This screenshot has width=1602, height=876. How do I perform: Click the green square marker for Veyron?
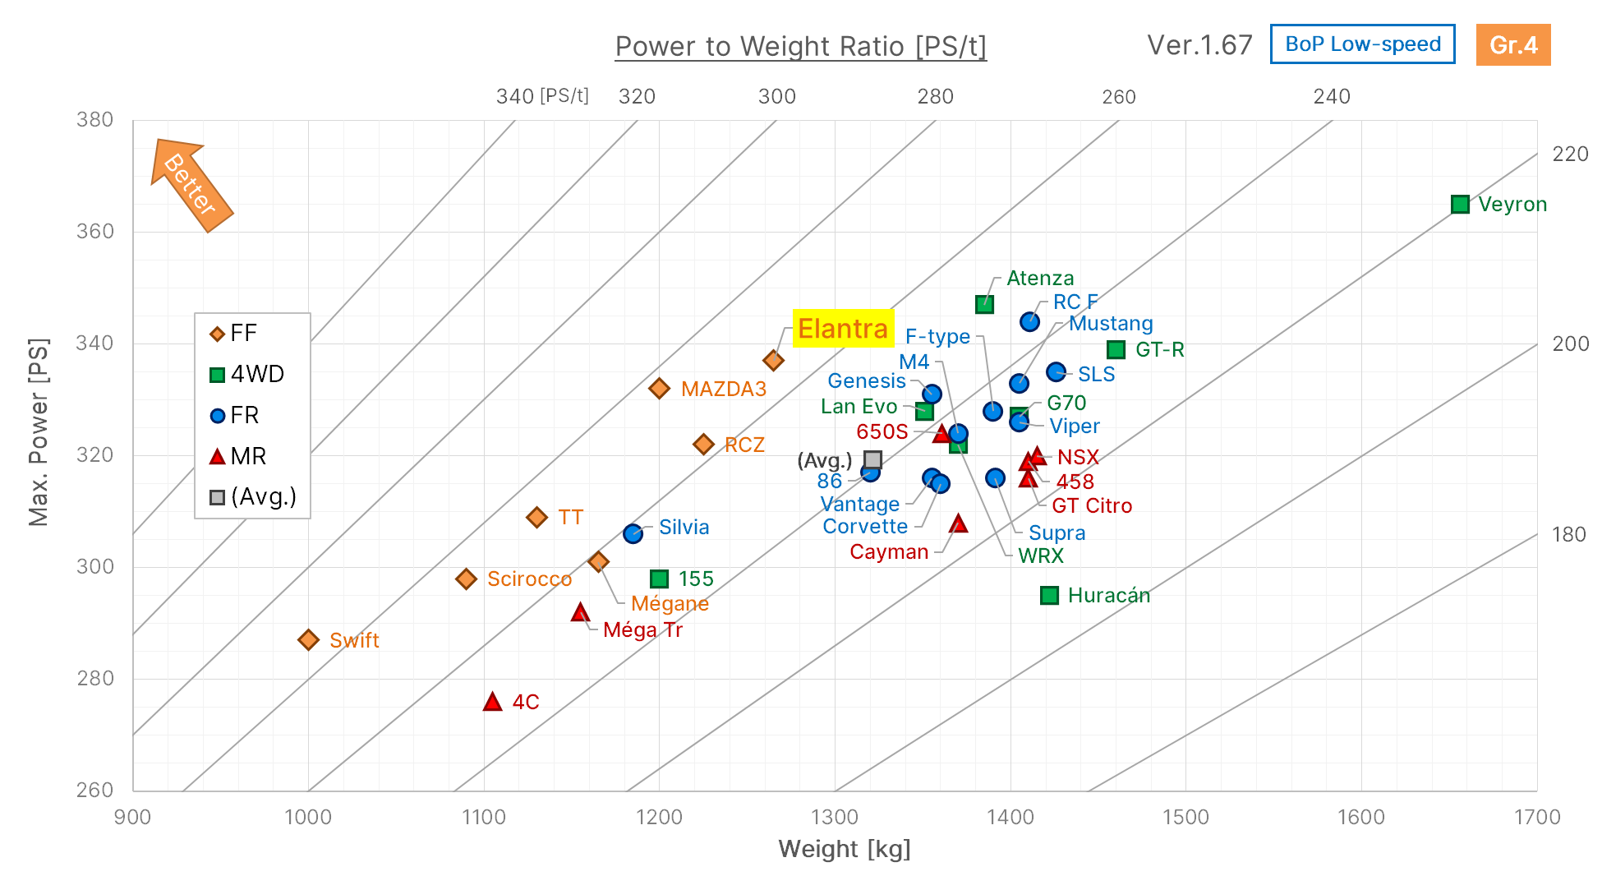1459,204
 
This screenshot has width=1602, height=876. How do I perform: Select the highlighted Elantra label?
843,329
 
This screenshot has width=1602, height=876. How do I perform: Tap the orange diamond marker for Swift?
308,639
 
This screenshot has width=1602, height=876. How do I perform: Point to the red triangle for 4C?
492,701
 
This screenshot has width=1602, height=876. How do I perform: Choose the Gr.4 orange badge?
1512,44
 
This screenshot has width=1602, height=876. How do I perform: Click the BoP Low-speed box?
1362,44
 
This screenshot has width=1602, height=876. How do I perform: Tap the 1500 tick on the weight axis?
1185,817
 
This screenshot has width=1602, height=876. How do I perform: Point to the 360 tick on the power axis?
94,231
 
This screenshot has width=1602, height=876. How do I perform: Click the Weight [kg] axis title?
844,849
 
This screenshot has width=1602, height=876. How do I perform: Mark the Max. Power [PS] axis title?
39,431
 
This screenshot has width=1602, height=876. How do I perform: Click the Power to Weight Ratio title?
800,47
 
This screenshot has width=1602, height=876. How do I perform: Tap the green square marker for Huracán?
1049,595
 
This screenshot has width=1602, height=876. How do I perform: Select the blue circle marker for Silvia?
633,533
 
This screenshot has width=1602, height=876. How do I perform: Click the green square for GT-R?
1116,349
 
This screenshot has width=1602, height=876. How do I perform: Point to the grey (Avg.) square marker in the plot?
872,459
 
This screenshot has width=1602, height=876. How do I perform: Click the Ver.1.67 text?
1199,44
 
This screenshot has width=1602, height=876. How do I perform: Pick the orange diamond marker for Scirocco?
466,579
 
